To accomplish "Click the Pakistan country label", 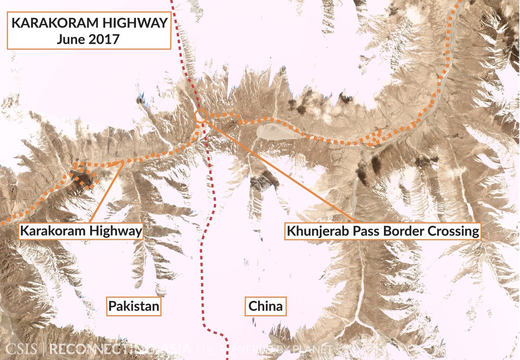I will pyautogui.click(x=134, y=307).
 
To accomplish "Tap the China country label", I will pyautogui.click(x=265, y=307).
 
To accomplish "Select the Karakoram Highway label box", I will pyautogui.click(x=81, y=231).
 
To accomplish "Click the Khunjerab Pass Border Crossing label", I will pyautogui.click(x=383, y=231).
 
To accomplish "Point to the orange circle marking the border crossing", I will pyautogui.click(x=201, y=116).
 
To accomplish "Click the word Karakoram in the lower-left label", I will pyautogui.click(x=53, y=231).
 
